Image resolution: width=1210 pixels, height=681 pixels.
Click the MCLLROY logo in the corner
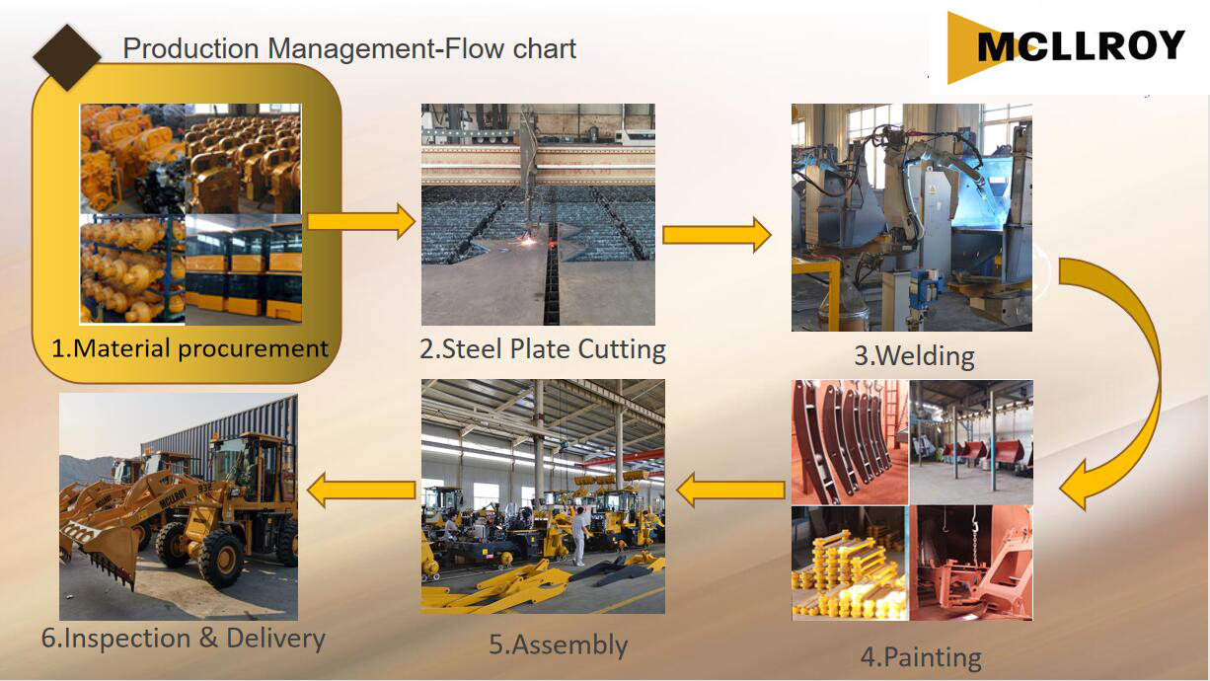1066,47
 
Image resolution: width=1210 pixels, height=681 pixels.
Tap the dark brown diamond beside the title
67,56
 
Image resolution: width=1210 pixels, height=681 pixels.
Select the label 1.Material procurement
189,348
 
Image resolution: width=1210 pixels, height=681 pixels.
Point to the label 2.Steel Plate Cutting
543,348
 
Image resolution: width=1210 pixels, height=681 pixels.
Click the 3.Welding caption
915,356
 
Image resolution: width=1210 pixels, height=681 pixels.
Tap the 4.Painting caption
921,657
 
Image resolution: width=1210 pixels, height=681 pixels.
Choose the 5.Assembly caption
558,644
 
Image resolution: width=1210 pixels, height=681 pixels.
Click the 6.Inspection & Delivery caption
184,639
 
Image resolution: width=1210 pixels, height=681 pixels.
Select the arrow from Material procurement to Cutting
361,221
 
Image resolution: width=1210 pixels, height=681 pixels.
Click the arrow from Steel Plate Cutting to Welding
717,235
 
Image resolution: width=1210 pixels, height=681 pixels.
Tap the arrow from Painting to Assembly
730,491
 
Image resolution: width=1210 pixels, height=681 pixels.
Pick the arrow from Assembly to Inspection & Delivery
361,491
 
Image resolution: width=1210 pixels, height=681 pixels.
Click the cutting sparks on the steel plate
528,242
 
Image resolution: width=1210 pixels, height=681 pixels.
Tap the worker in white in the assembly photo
580,536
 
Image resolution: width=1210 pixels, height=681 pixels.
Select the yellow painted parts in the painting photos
847,575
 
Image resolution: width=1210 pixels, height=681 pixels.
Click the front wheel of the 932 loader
220,558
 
